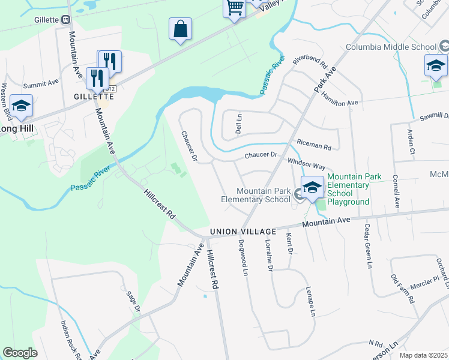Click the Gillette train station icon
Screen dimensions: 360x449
[66, 20]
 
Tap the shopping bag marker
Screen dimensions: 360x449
[180, 29]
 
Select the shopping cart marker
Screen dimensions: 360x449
[235, 8]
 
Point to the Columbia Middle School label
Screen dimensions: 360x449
[391, 47]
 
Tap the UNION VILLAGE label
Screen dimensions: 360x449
[243, 232]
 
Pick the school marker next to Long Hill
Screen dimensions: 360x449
[22, 107]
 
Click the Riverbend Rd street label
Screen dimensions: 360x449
[309, 61]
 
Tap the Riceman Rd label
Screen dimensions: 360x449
[314, 145]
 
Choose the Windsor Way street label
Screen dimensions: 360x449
[306, 165]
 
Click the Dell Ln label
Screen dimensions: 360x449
[238, 124]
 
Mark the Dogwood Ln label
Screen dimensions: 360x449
[244, 257]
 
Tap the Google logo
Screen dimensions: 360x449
[20, 353]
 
